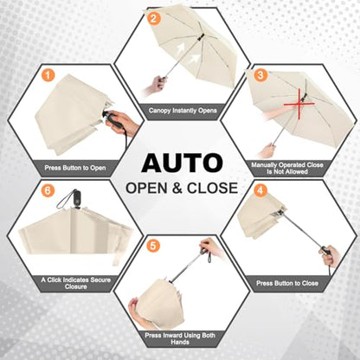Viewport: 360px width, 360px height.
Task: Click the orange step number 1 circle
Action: click(x=48, y=75)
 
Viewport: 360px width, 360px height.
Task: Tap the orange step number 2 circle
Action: click(x=153, y=18)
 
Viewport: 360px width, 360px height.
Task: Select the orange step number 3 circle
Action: click(x=260, y=75)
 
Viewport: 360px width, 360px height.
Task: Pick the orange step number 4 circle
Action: click(x=260, y=190)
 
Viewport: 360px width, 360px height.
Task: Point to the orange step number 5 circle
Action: click(x=153, y=246)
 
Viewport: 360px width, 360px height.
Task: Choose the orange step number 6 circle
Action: click(x=48, y=190)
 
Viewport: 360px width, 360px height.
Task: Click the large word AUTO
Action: click(x=182, y=164)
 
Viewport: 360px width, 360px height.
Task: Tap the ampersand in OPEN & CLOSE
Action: click(x=177, y=188)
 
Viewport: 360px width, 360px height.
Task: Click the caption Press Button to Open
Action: click(x=75, y=168)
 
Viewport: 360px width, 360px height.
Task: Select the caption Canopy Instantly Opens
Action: click(x=183, y=111)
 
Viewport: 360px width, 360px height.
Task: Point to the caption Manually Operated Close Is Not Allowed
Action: click(x=287, y=168)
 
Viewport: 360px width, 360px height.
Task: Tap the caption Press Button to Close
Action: click(x=287, y=283)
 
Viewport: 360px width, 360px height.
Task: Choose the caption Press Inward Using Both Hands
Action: click(x=180, y=338)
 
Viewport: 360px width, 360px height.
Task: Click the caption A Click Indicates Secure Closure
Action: click(x=76, y=283)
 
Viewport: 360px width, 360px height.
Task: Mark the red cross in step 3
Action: click(x=299, y=104)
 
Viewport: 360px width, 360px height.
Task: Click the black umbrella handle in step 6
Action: click(x=76, y=198)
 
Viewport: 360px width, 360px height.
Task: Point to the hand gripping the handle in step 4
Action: click(x=331, y=256)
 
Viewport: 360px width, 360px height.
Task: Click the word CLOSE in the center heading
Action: click(x=212, y=188)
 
